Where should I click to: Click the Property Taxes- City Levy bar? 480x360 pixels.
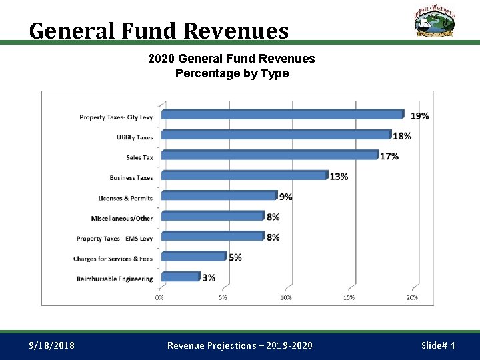tap(282, 115)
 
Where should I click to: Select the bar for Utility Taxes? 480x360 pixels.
tap(276, 135)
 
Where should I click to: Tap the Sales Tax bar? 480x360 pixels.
tap(270, 155)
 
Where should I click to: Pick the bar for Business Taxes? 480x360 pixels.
tap(245, 175)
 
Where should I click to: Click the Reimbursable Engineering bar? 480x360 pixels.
tap(181, 276)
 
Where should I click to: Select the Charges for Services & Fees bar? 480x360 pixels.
tap(194, 256)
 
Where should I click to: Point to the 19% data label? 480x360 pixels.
tap(419, 116)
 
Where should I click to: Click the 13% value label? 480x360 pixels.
tap(339, 177)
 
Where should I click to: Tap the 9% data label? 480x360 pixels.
tap(285, 197)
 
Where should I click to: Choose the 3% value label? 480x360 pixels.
tap(209, 277)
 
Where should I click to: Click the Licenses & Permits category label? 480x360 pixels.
tap(125, 198)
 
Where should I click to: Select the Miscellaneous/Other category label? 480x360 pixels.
tap(122, 218)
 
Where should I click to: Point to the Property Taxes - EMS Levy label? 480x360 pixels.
tap(115, 239)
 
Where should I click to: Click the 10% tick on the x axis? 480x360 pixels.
tap(286, 297)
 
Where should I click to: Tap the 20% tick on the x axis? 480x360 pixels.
tap(412, 297)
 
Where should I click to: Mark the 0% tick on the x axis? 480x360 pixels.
tap(160, 297)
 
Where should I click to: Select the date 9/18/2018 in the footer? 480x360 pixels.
tap(52, 345)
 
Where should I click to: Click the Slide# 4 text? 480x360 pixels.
tap(438, 345)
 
